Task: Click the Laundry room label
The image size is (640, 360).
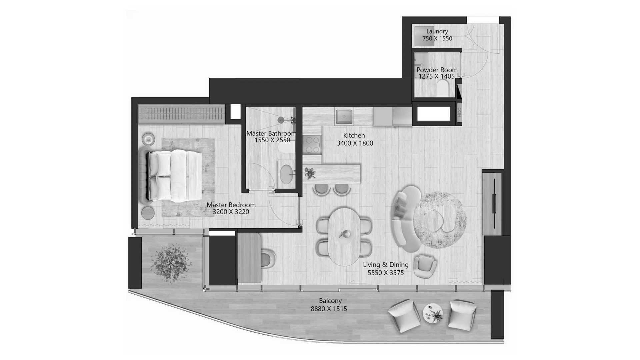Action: (437, 31)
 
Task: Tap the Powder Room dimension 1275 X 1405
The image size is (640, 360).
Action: (437, 76)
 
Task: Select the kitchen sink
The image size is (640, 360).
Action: (344, 116)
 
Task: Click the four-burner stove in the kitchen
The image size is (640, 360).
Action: (312, 145)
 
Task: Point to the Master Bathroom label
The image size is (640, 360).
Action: (271, 133)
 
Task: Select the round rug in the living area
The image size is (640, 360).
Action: (440, 220)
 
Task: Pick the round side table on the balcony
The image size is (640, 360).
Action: (433, 313)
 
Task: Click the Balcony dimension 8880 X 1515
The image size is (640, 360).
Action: (329, 309)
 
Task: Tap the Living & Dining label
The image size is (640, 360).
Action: (386, 265)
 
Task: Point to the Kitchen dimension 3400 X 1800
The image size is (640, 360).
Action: (355, 143)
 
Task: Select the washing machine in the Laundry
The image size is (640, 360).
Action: (424, 36)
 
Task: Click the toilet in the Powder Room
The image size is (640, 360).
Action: (443, 89)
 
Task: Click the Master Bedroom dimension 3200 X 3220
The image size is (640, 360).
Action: (231, 212)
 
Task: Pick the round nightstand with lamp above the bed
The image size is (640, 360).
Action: (148, 139)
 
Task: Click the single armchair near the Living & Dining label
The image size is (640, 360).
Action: (425, 266)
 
